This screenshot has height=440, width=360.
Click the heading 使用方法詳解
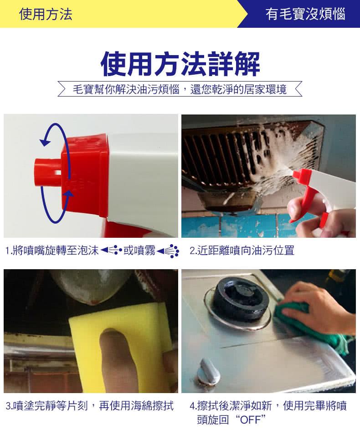pos(180,64)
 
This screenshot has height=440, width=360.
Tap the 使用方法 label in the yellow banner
pos(46,14)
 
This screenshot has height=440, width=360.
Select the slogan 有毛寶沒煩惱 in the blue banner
pos(305,14)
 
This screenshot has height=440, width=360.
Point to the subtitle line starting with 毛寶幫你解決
pos(180,89)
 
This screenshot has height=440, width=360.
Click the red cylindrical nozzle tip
pos(48,172)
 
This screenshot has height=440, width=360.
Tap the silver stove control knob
pos(207,371)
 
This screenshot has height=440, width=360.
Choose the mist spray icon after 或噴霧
pos(168,251)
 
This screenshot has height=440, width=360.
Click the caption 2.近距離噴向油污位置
pos(242,251)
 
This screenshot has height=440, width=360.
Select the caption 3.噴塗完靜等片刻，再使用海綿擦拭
pos(90,406)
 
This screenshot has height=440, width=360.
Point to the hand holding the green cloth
pos(317,309)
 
